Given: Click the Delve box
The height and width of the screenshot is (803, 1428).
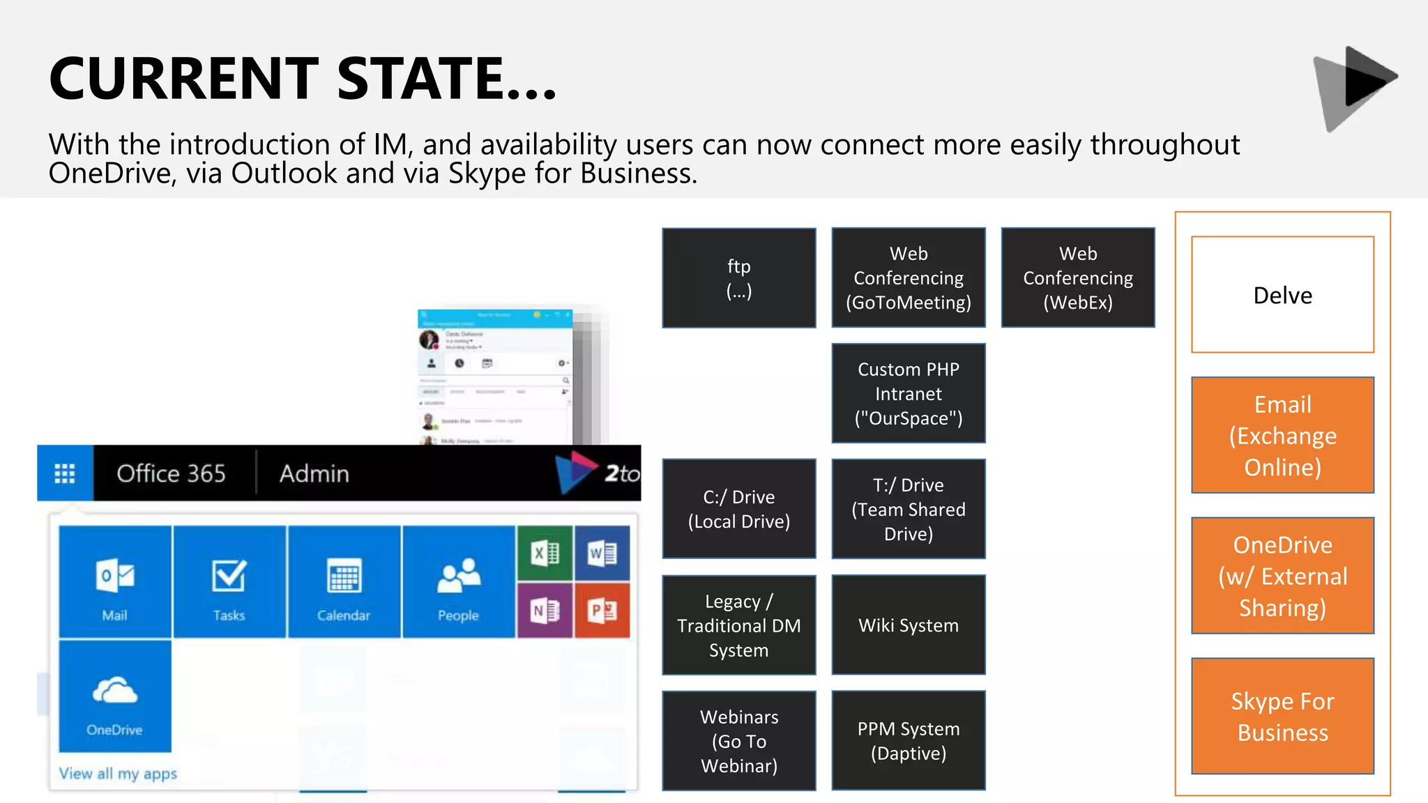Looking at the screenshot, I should click(x=1282, y=295).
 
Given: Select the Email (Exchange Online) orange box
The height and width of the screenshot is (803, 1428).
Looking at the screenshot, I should click(x=1282, y=435).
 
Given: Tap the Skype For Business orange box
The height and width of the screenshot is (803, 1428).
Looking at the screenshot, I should click(x=1282, y=716).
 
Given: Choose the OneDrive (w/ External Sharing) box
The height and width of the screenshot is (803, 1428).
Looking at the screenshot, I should click(x=1282, y=576).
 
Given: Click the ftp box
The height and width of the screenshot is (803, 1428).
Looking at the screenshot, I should click(x=738, y=277).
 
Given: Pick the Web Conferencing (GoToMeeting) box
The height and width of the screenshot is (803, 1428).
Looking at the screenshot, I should click(x=908, y=277).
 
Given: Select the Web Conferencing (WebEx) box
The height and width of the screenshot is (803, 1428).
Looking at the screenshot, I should click(x=1077, y=277).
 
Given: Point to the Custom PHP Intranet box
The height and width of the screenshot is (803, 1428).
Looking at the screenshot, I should click(x=908, y=393).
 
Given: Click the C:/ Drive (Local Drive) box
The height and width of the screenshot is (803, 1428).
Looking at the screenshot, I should click(x=738, y=509).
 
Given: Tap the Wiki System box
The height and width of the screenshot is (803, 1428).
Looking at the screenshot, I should click(x=908, y=625).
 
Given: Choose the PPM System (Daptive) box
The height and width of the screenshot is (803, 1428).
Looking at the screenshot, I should click(x=908, y=740).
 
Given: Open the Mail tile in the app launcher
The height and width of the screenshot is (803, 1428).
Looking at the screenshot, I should click(x=115, y=582).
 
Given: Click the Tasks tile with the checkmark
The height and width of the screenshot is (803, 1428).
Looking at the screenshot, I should click(x=229, y=582).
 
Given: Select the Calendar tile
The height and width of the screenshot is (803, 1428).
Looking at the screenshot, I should click(x=344, y=582).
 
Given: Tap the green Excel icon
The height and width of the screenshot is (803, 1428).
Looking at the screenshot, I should click(x=545, y=553).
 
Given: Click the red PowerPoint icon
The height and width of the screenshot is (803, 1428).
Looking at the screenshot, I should click(x=602, y=611).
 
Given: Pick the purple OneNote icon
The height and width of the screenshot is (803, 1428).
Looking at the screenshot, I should click(x=545, y=611).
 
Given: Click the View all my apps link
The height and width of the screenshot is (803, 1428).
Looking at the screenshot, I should click(x=118, y=774).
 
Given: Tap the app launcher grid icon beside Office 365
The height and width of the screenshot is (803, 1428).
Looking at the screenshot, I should click(x=65, y=473).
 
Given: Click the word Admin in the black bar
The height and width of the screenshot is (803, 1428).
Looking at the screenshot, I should click(x=314, y=474).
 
